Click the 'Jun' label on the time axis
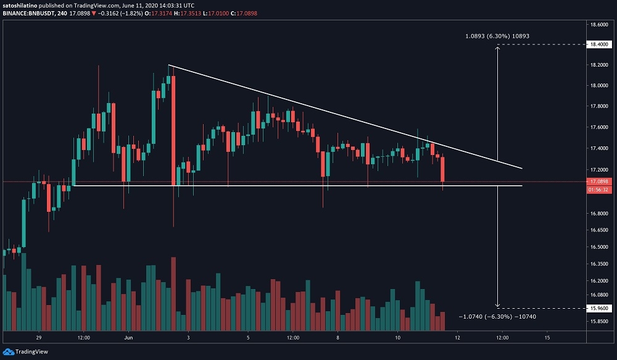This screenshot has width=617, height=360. tap(128, 338)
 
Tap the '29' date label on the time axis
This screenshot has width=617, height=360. tap(39, 338)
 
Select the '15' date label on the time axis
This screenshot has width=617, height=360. tap(547, 338)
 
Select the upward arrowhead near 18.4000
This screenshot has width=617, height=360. tap(498, 48)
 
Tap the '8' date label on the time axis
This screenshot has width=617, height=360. tap(337, 338)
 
